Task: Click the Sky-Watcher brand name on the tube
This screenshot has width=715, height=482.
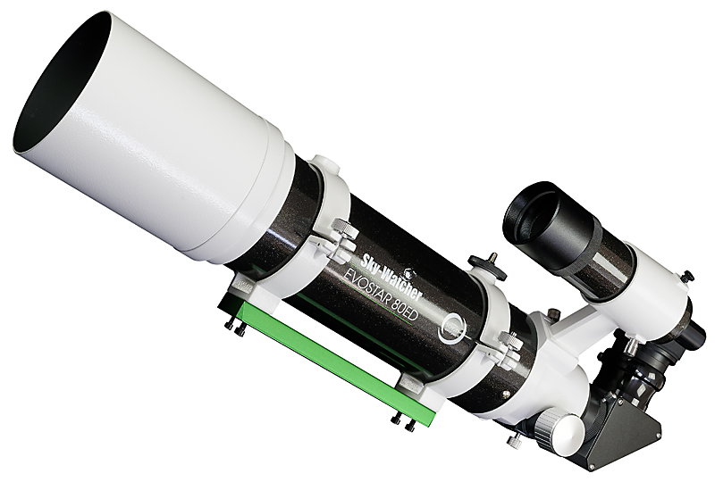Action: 392,275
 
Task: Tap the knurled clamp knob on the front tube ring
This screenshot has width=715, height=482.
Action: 344,227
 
